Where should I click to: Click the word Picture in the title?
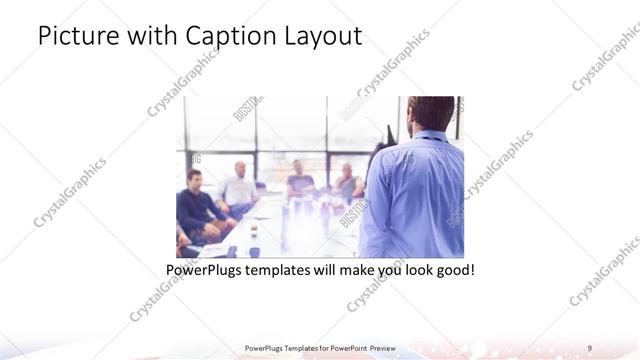pos(72,37)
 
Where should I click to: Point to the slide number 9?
pos(590,348)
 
